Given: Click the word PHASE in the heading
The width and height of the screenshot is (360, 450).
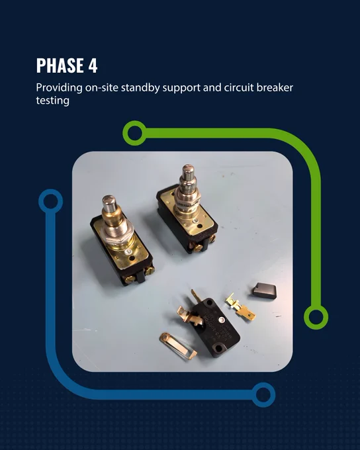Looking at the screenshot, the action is click(60, 66).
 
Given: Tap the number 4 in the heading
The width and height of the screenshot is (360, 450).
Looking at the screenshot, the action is click(93, 66).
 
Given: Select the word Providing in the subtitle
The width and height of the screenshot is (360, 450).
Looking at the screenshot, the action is click(59, 88).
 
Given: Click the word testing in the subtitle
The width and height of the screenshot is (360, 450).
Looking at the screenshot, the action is click(52, 101).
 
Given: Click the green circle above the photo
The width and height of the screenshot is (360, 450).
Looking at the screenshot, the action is click(134, 133).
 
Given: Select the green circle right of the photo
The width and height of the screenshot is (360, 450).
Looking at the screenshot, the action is click(316, 317).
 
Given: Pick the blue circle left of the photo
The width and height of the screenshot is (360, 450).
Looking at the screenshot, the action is click(50, 201).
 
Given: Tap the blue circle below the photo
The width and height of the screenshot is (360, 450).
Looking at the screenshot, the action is click(263, 394).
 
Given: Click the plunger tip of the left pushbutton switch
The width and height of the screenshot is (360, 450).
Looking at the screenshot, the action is click(109, 203).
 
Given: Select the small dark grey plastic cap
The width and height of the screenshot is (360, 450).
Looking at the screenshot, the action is click(264, 291).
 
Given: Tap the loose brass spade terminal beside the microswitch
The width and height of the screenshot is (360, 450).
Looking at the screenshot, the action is click(241, 306).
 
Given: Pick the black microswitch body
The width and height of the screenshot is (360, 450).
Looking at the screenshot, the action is click(215, 327).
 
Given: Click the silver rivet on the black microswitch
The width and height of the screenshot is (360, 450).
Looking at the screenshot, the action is click(221, 320).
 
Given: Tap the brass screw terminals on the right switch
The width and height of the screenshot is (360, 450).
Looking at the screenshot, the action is click(204, 244).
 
